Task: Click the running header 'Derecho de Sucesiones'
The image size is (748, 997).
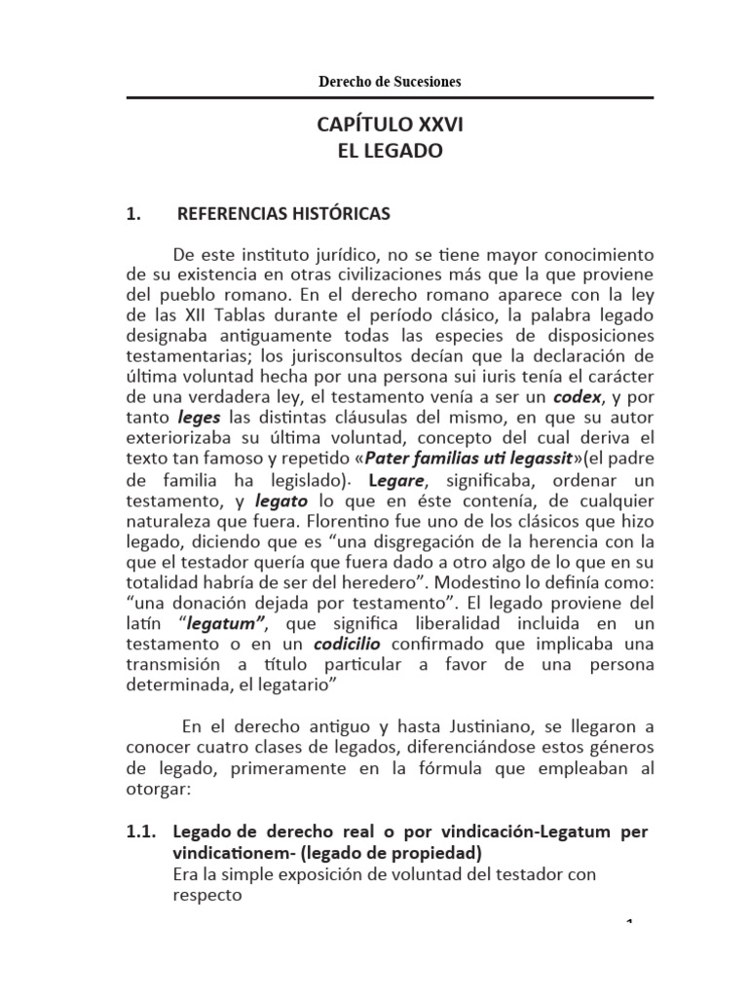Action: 390,82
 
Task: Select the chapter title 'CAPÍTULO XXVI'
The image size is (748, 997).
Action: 390,127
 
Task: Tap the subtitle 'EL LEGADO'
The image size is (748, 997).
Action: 390,151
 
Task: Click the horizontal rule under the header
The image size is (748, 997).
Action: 390,97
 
